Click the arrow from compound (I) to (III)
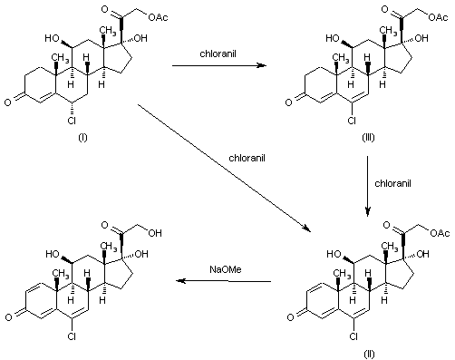point(219,66)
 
